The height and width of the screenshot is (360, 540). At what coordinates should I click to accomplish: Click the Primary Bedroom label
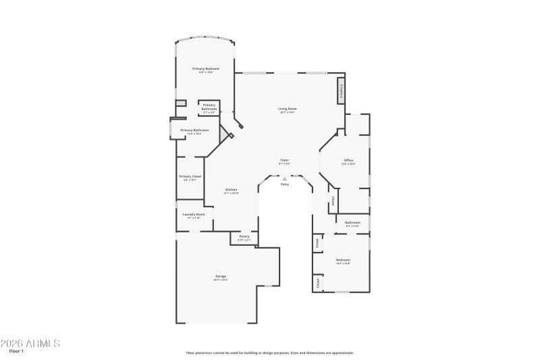tap(206, 68)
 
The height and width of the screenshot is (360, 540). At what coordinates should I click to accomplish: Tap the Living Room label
tap(288, 108)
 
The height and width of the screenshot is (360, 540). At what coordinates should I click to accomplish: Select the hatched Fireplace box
tap(341, 91)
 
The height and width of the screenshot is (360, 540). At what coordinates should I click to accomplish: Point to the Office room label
tap(348, 160)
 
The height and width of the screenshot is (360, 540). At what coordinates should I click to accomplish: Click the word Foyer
tap(285, 160)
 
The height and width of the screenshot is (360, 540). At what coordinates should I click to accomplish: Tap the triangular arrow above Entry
tap(284, 178)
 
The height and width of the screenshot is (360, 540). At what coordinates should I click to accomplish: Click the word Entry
tap(284, 184)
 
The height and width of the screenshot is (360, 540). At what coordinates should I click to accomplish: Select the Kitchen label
tap(231, 190)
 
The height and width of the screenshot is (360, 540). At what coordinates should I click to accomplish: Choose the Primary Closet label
tap(190, 176)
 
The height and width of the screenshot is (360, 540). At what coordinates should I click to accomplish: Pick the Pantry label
tap(244, 236)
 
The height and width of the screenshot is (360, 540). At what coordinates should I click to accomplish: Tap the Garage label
tap(221, 276)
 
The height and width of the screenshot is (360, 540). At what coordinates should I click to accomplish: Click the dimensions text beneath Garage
tap(221, 280)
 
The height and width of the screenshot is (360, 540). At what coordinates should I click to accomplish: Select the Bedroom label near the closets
tap(344, 259)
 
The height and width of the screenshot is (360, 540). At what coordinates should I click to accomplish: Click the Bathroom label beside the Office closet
tap(352, 222)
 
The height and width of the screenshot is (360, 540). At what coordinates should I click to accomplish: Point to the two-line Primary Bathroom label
tap(209, 107)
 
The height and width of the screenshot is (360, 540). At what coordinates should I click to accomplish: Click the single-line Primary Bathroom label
tap(194, 130)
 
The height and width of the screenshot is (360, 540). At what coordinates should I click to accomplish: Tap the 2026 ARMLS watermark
tap(30, 343)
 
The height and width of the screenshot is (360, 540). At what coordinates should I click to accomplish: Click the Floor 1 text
tap(16, 352)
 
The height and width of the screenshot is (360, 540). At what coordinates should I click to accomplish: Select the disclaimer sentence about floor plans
tap(269, 353)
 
